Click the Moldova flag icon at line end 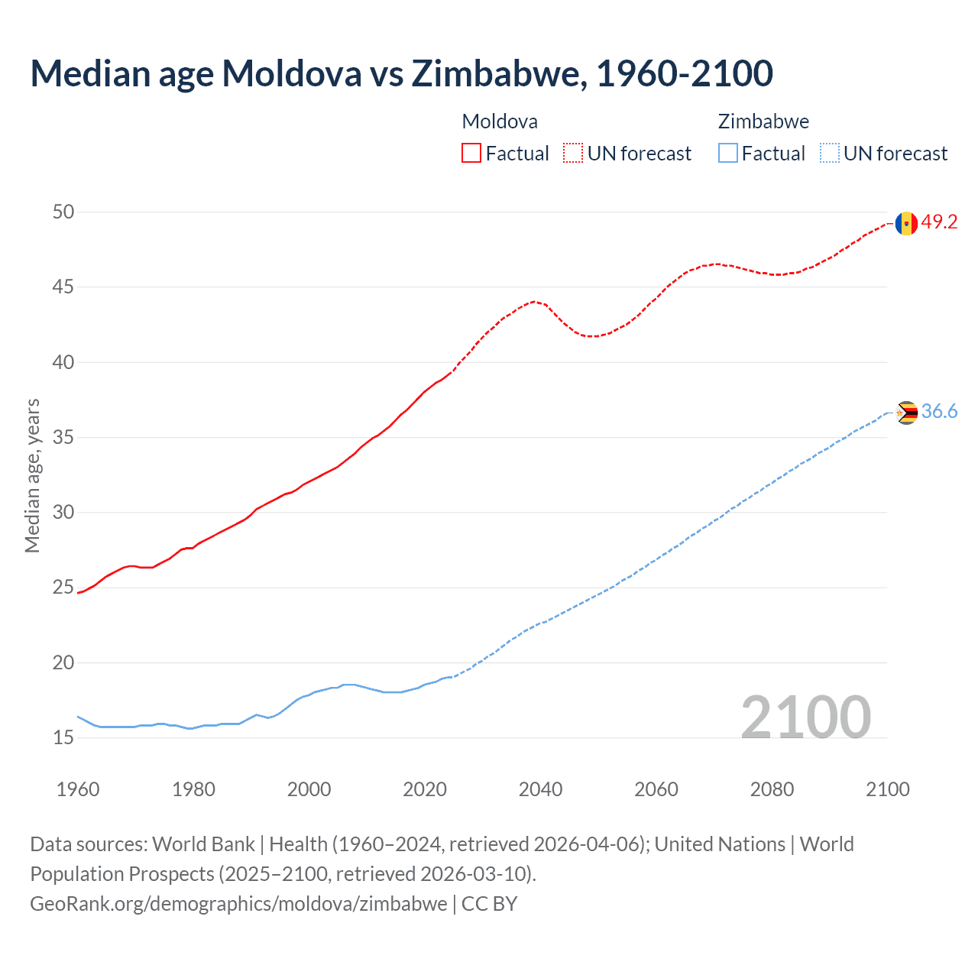tap(906, 223)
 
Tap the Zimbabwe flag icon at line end tap(906, 413)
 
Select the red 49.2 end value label tap(939, 222)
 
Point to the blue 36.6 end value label tap(939, 412)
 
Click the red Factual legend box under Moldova tap(471, 153)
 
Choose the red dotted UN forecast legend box tap(573, 153)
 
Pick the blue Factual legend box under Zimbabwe tap(727, 153)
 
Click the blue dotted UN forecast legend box tap(829, 153)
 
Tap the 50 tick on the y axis tap(63, 212)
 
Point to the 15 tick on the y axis tap(63, 737)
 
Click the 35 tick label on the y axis tap(63, 438)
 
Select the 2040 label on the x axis tap(540, 789)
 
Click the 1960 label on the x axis tap(78, 789)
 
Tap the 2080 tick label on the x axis tap(772, 789)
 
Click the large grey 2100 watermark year tap(806, 717)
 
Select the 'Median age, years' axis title tap(32, 475)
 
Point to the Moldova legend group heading tap(500, 121)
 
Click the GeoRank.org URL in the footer tap(238, 903)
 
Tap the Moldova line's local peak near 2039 tap(534, 301)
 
